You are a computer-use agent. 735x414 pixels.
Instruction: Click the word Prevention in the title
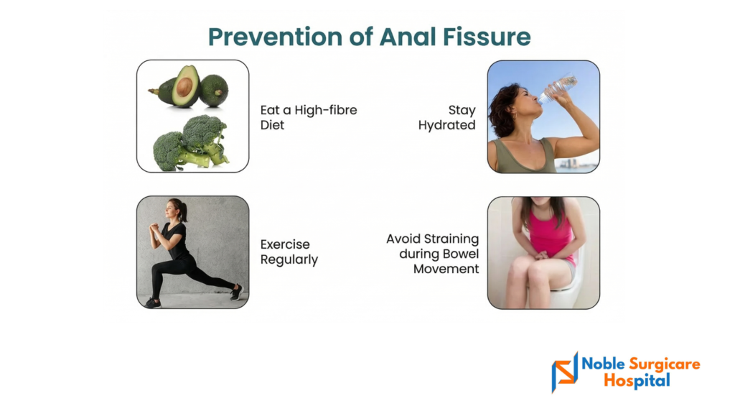275,37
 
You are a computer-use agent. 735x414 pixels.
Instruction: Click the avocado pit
184,86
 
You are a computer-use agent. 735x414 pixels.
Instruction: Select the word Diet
272,125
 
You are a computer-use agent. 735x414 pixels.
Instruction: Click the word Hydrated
446,125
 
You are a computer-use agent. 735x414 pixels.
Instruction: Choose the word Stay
462,110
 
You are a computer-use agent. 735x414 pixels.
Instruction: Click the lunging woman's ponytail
183,211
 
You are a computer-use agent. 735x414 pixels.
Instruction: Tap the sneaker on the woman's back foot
237,292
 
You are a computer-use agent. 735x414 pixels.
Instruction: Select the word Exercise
285,244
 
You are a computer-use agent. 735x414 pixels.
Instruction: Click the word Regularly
289,260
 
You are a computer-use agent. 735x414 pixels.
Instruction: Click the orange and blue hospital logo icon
565,372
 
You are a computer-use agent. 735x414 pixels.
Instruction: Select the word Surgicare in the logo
664,364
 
